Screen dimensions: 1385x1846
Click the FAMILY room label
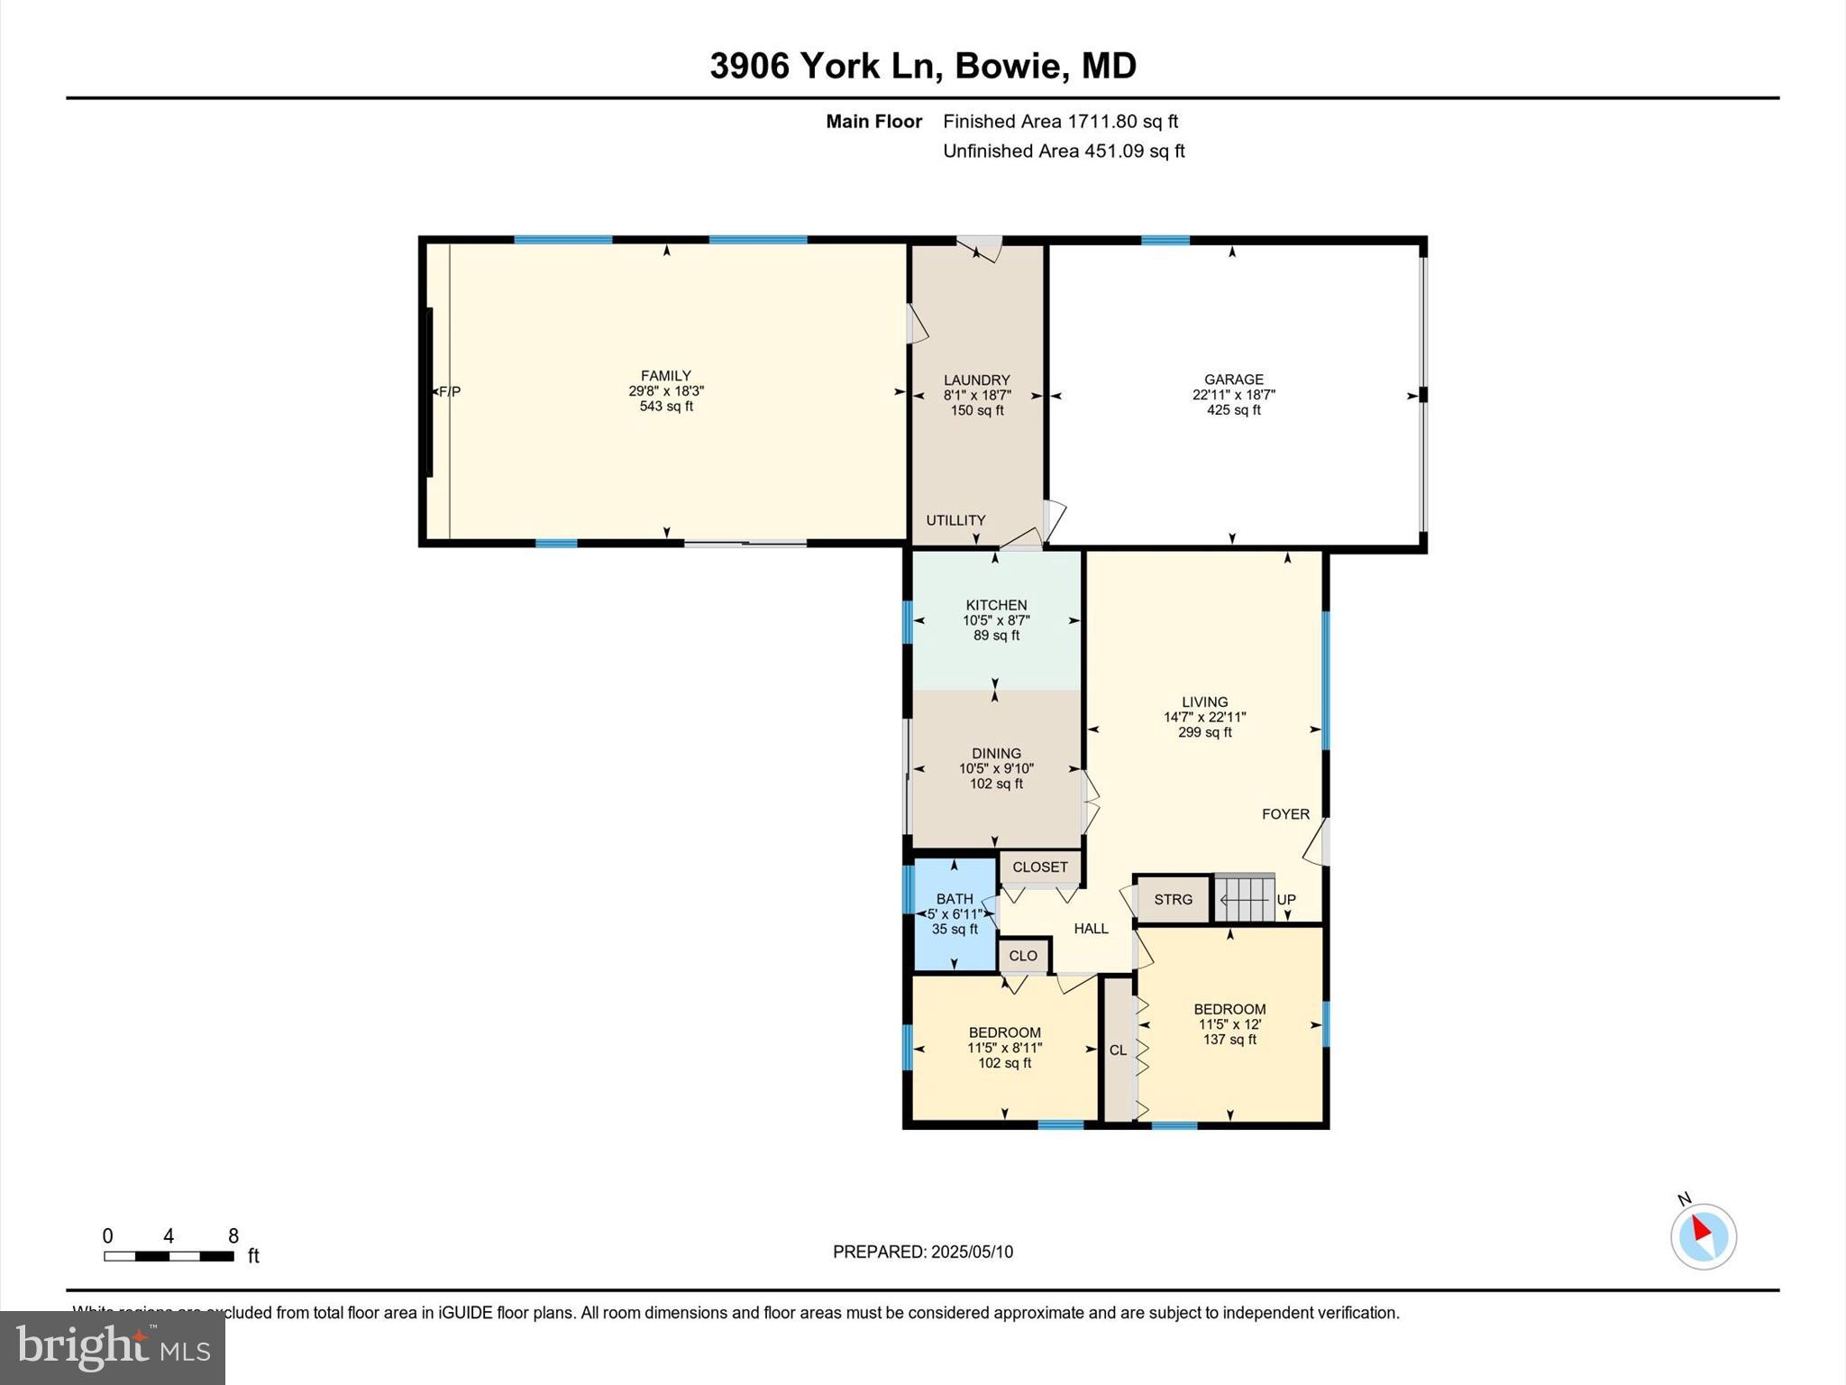pyautogui.click(x=665, y=376)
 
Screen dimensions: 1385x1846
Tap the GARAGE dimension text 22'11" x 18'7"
pyautogui.click(x=1233, y=395)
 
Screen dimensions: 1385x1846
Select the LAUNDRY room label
pyautogui.click(x=976, y=381)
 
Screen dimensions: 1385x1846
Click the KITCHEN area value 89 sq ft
pyautogui.click(x=996, y=636)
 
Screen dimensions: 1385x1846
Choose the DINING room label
pyautogui.click(x=996, y=754)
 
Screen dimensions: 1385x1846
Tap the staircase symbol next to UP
pyautogui.click(x=1244, y=899)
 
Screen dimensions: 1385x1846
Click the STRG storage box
pyautogui.click(x=1173, y=899)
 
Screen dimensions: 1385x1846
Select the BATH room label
pyautogui.click(x=954, y=899)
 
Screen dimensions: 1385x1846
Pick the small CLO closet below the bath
pyautogui.click(x=1023, y=956)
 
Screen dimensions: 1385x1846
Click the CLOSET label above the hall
pyautogui.click(x=1039, y=867)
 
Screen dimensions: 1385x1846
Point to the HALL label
pyautogui.click(x=1091, y=929)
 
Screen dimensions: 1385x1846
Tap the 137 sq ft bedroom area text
pyautogui.click(x=1229, y=1040)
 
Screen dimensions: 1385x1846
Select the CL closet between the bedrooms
pyautogui.click(x=1118, y=1050)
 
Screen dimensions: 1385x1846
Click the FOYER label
pyautogui.click(x=1285, y=814)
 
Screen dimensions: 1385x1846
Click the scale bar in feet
pyautogui.click(x=169, y=1256)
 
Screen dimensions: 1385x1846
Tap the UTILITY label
pyautogui.click(x=955, y=520)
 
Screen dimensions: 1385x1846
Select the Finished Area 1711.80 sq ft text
pyautogui.click(x=1060, y=122)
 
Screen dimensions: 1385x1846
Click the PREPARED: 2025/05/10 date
pyautogui.click(x=922, y=1252)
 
